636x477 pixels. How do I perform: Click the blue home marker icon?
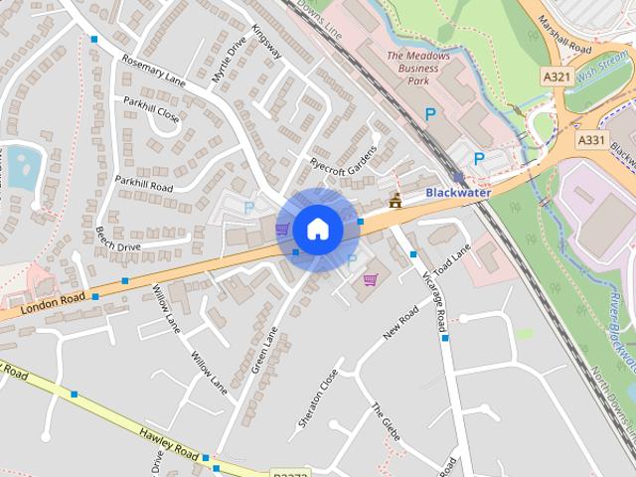(317, 229)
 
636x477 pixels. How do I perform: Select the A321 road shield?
(556, 77)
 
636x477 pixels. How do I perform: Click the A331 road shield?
(590, 140)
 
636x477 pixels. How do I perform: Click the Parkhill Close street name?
(152, 108)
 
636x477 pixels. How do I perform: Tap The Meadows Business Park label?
(418, 68)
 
